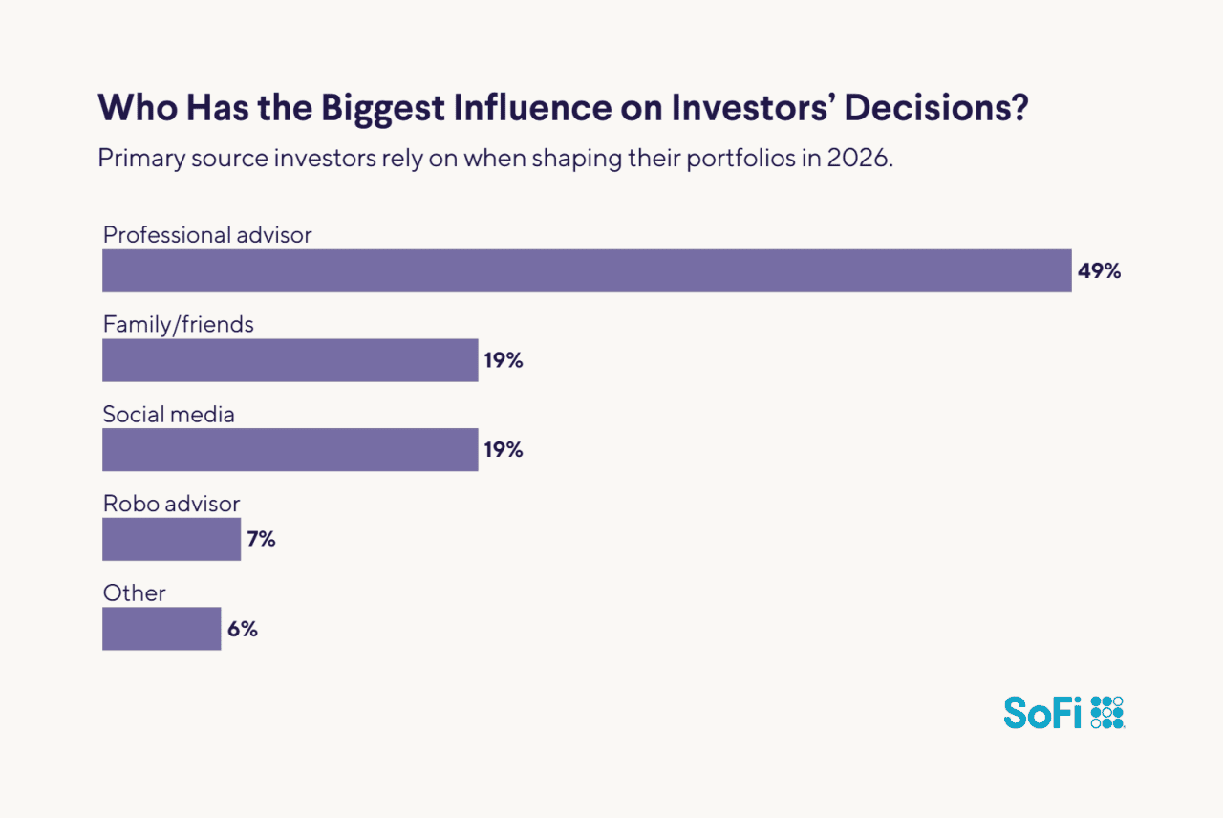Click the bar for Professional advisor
587,270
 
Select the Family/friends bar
290,360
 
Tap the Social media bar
290,449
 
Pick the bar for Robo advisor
171,539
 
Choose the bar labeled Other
161,629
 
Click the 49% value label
1099,270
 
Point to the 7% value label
261,539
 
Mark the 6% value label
242,629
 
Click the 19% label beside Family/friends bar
503,360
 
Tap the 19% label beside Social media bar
503,449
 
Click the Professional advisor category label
207,234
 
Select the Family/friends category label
179,324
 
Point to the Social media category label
168,414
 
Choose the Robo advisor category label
171,504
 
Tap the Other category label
134,592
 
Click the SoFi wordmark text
1042,712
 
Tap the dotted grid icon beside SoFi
1107,712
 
